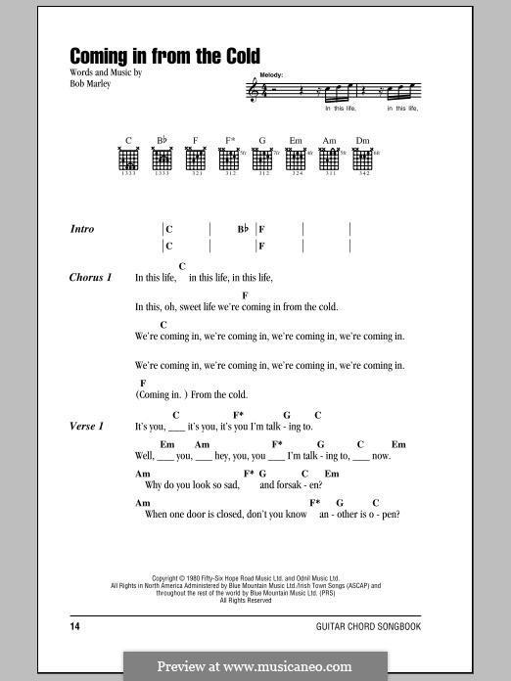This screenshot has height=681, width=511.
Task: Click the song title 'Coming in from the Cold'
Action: (x=164, y=57)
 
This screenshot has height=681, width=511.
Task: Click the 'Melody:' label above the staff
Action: (x=273, y=74)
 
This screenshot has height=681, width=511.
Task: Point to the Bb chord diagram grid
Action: (x=163, y=159)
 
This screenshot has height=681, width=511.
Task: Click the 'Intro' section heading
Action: (x=82, y=229)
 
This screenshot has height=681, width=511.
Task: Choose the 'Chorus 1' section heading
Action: (x=90, y=277)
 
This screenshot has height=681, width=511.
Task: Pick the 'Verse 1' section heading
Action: (x=86, y=427)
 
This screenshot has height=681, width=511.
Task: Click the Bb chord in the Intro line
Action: (x=243, y=229)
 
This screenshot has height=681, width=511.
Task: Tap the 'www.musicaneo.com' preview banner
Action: (x=255, y=666)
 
